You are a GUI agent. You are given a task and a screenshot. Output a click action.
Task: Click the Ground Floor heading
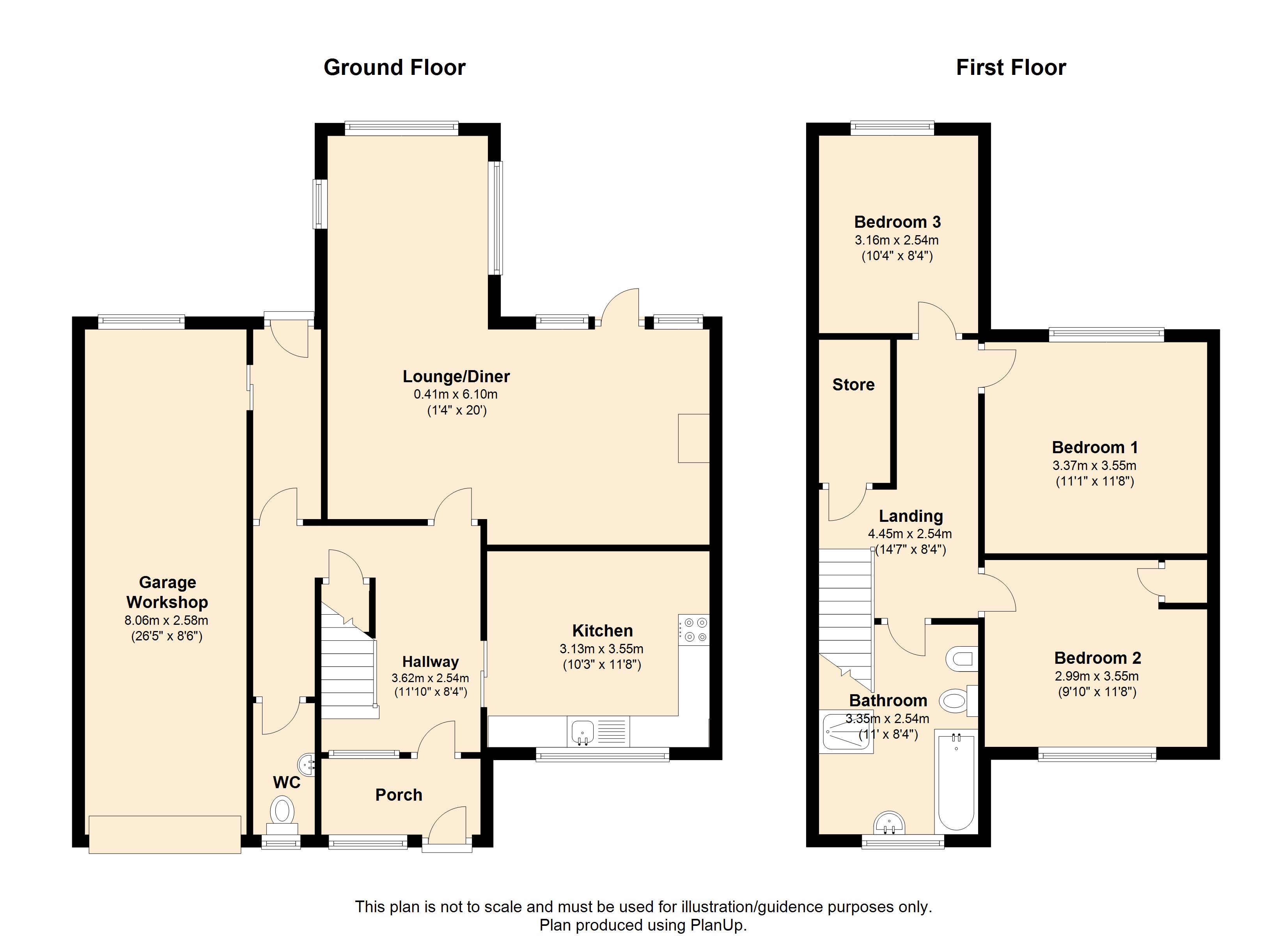coord(394,67)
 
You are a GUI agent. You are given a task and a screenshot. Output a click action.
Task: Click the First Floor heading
coord(1010,67)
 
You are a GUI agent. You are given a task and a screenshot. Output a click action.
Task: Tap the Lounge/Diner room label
coord(456,376)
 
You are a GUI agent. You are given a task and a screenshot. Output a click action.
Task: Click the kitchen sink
coord(582,732)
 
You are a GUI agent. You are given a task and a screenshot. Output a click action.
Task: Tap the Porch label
coord(399,795)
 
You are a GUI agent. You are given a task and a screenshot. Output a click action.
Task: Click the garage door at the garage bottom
coord(165,834)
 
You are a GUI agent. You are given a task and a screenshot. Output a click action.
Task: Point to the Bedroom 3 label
coord(897,222)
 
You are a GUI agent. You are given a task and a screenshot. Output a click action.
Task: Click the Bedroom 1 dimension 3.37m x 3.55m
coord(1095,465)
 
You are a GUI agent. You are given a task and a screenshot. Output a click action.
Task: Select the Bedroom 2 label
coord(1097,658)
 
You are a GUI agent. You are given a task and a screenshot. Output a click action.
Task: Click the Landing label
coord(911,516)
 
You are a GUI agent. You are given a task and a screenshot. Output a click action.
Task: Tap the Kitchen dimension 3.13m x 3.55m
coord(601,649)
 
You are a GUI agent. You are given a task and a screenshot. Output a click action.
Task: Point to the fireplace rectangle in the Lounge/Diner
coord(694,438)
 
